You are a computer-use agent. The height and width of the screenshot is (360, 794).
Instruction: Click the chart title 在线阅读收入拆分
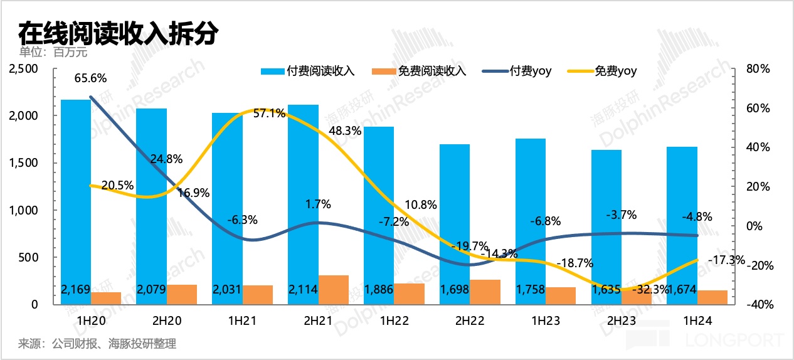click(x=117, y=32)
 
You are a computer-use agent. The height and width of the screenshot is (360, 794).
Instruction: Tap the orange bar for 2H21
click(x=334, y=289)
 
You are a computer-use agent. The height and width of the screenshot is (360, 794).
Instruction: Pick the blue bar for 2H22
click(x=455, y=213)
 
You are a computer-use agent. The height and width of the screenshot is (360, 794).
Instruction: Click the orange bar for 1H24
click(x=712, y=297)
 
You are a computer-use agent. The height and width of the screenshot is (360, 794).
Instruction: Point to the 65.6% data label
click(x=90, y=78)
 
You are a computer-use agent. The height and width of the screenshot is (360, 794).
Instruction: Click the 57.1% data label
click(x=270, y=114)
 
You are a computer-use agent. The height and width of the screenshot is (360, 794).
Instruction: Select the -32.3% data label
click(x=637, y=290)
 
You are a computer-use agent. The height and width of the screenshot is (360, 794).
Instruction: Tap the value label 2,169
click(x=76, y=290)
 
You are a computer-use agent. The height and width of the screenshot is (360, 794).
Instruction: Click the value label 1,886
click(x=379, y=290)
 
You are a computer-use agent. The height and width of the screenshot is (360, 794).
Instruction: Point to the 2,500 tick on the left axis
click(x=24, y=69)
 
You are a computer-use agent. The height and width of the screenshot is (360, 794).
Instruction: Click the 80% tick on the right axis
click(x=758, y=69)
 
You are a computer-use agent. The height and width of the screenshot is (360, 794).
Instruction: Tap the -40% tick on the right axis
click(x=756, y=305)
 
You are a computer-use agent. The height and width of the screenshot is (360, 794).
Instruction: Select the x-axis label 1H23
click(x=545, y=320)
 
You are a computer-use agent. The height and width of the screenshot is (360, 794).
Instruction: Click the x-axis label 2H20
click(x=166, y=320)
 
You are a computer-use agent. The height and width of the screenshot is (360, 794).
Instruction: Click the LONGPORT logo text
click(x=739, y=340)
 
